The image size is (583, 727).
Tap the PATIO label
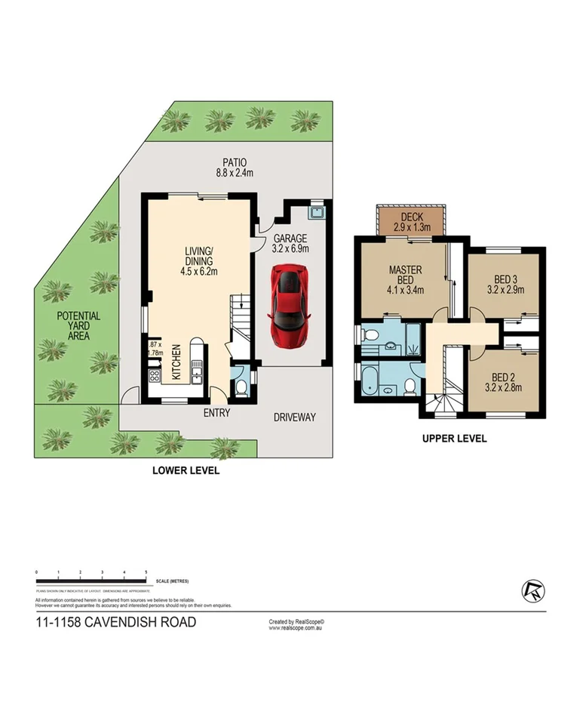coord(234,167)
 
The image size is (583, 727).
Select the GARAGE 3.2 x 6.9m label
coord(291,241)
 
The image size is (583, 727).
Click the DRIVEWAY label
coord(294,417)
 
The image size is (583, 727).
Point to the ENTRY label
coord(216,414)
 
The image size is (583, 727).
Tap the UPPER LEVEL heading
coord(454,438)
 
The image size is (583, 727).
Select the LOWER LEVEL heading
coord(186,470)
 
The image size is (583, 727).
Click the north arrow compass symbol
coord(531,590)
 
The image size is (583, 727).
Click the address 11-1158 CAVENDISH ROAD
coord(115,623)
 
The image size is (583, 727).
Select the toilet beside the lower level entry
coord(241,387)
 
